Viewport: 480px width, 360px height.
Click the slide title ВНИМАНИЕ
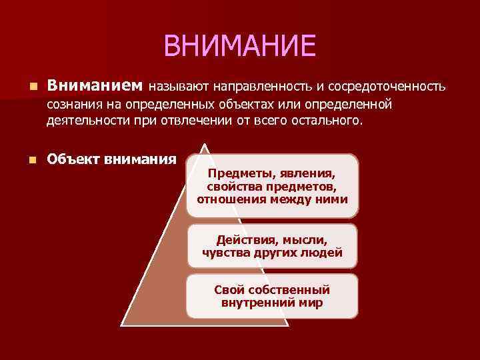239,46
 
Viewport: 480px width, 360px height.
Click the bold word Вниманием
95,86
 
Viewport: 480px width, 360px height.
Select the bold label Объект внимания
111,159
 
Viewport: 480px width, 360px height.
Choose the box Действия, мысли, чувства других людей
272,246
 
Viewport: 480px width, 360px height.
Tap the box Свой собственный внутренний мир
272,296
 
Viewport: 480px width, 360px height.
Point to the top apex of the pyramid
205,141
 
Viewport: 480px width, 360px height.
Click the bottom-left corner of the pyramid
122,325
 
